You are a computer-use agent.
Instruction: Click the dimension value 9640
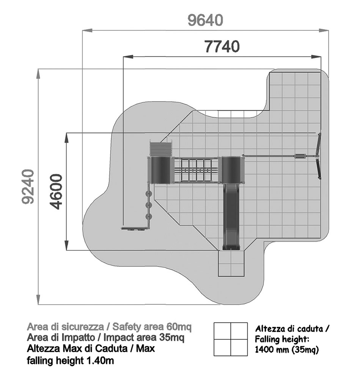(x=205, y=20)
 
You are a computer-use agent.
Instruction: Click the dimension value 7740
(x=222, y=47)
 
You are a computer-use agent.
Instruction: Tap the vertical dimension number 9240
(x=28, y=187)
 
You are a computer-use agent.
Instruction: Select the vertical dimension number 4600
(x=56, y=191)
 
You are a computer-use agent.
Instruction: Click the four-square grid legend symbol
(x=231, y=339)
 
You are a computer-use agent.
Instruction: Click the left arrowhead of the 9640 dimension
(x=87, y=31)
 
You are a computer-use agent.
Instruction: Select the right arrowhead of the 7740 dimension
(x=316, y=57)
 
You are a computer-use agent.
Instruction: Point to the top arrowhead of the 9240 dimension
(x=38, y=73)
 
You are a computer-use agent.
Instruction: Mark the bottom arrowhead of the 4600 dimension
(x=66, y=245)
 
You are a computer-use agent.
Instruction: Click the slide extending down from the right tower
(x=231, y=217)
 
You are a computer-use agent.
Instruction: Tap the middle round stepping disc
(x=148, y=205)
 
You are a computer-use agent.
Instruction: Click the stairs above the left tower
(x=160, y=149)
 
